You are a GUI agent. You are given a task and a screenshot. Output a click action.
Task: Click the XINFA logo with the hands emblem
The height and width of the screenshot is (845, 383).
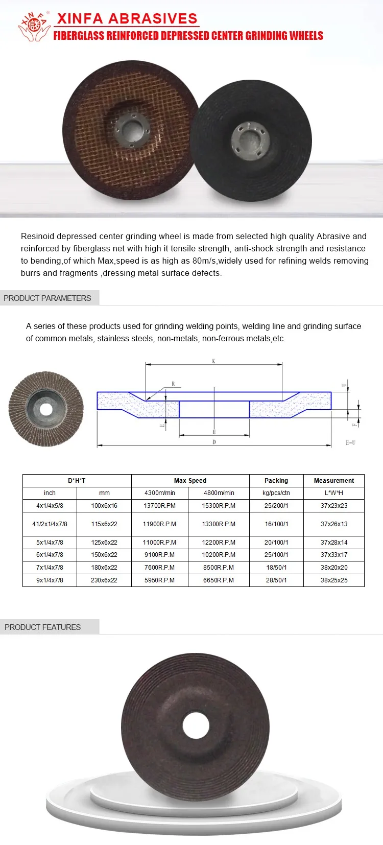[x=34, y=26]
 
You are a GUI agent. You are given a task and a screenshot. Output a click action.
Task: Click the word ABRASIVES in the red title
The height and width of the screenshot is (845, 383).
[x=153, y=19]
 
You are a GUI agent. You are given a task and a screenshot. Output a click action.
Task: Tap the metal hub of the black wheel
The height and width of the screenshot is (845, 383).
[x=250, y=139]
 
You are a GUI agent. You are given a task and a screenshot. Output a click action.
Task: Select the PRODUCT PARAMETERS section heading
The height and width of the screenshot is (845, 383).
[x=47, y=298]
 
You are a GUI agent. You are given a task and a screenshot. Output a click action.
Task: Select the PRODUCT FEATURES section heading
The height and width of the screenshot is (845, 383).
[x=43, y=627]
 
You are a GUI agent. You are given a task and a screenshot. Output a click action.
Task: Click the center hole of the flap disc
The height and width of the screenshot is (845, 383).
[x=46, y=409]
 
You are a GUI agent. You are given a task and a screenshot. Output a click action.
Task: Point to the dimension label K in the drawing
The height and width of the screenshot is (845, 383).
[x=213, y=361]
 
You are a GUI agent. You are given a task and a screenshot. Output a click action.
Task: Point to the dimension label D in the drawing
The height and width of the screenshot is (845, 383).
[x=214, y=442]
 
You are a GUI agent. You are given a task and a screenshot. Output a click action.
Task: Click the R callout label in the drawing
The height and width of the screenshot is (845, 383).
[x=173, y=384]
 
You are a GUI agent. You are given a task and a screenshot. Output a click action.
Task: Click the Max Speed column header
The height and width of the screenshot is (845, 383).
[x=190, y=481]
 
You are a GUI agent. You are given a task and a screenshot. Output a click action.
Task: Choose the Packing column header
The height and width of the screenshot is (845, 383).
[x=276, y=481]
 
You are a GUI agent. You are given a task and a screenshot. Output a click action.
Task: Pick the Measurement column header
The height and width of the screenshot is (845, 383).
[x=333, y=481]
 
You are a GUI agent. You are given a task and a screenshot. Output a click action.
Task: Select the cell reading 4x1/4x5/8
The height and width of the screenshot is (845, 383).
[x=50, y=506]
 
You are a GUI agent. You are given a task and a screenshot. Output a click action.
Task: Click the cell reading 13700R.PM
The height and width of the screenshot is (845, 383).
[x=159, y=506]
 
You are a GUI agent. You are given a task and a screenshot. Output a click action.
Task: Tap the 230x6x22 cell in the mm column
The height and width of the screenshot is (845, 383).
[x=104, y=580]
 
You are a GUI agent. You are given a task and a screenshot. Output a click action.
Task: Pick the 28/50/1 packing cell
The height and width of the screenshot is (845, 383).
[x=276, y=580]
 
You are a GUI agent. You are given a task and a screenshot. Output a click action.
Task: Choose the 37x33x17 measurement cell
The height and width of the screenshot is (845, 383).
[x=334, y=555]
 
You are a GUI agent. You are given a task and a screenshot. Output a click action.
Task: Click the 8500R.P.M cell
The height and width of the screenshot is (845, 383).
[x=219, y=568]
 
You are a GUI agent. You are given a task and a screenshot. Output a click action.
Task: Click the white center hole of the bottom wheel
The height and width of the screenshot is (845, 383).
[x=196, y=725]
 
